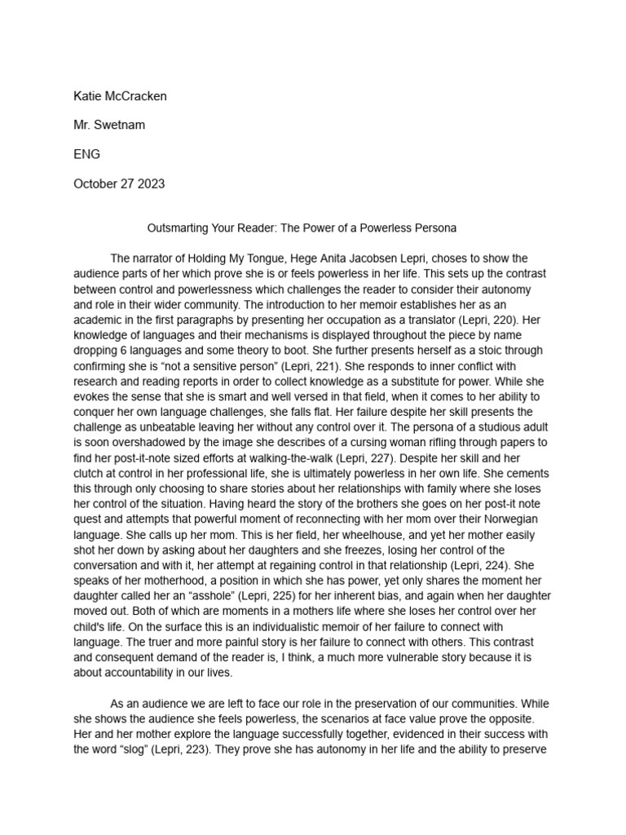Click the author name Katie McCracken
pyautogui.click(x=120, y=96)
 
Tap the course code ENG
pyautogui.click(x=87, y=154)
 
